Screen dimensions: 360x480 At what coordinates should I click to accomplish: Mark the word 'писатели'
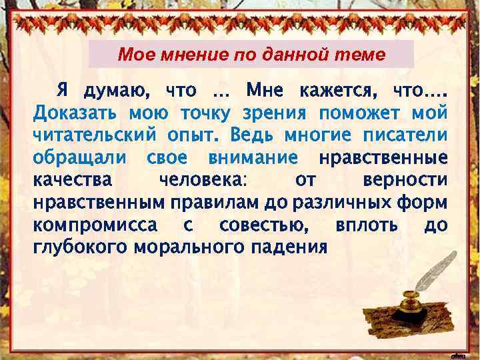[x=405, y=135]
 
